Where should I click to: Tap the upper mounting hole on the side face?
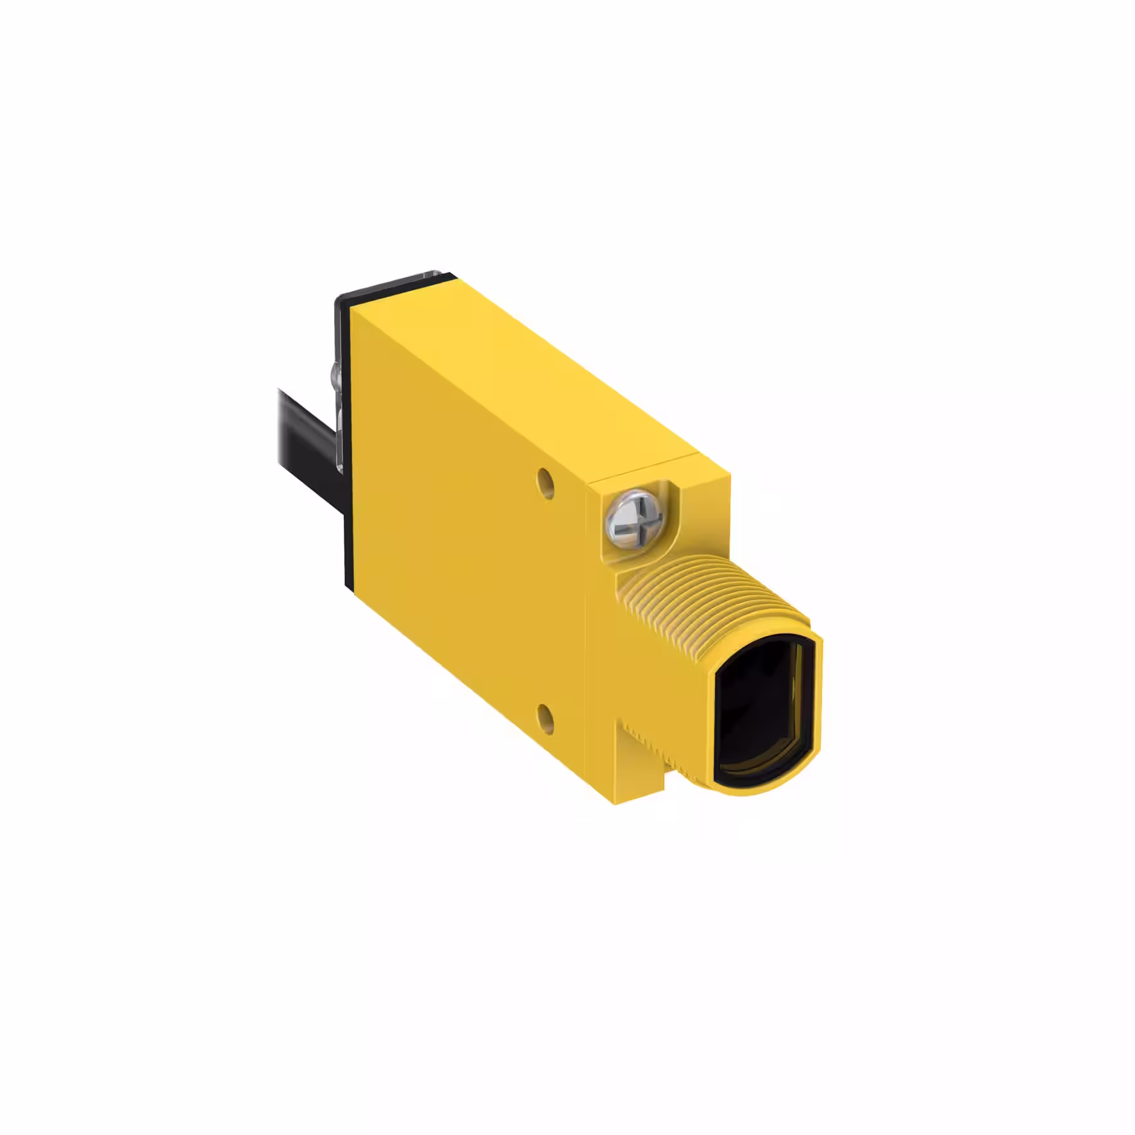(546, 478)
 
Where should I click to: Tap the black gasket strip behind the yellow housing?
(348, 449)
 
